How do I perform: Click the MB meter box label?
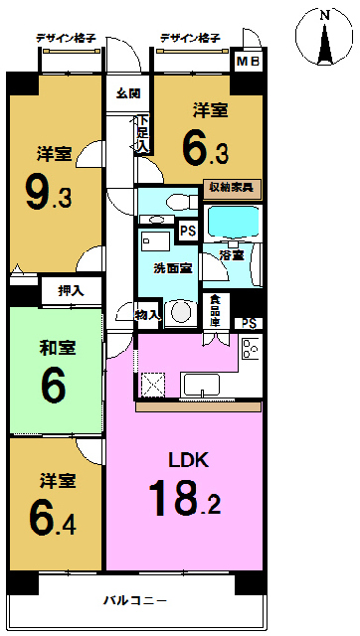click(x=249, y=62)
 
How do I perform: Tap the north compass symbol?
click(x=324, y=37)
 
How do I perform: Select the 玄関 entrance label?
click(x=128, y=94)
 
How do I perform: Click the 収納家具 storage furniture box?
click(x=232, y=189)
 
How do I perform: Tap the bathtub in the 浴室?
click(x=232, y=223)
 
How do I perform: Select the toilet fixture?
click(x=182, y=201)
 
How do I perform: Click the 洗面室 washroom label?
click(x=172, y=268)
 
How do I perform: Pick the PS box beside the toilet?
click(x=188, y=232)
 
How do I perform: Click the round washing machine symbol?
click(x=180, y=312)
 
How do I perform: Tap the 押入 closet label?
click(x=71, y=290)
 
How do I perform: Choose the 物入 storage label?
click(x=148, y=314)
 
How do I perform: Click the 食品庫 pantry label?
click(x=216, y=311)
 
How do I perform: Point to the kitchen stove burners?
click(x=250, y=348)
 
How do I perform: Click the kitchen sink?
click(x=202, y=385)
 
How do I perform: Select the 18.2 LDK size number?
click(x=185, y=497)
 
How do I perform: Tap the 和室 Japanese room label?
click(x=58, y=348)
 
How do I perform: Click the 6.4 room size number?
click(x=53, y=519)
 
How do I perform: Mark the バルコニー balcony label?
click(x=134, y=600)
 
